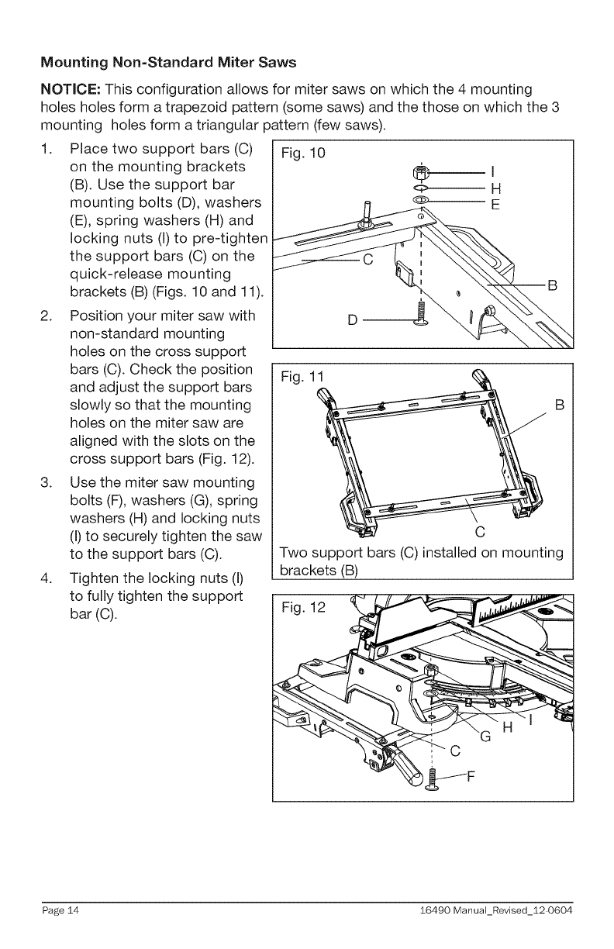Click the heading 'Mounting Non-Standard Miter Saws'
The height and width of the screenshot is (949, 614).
click(168, 61)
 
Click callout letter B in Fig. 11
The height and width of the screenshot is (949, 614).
click(560, 404)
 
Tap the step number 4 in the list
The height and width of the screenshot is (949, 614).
click(45, 579)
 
